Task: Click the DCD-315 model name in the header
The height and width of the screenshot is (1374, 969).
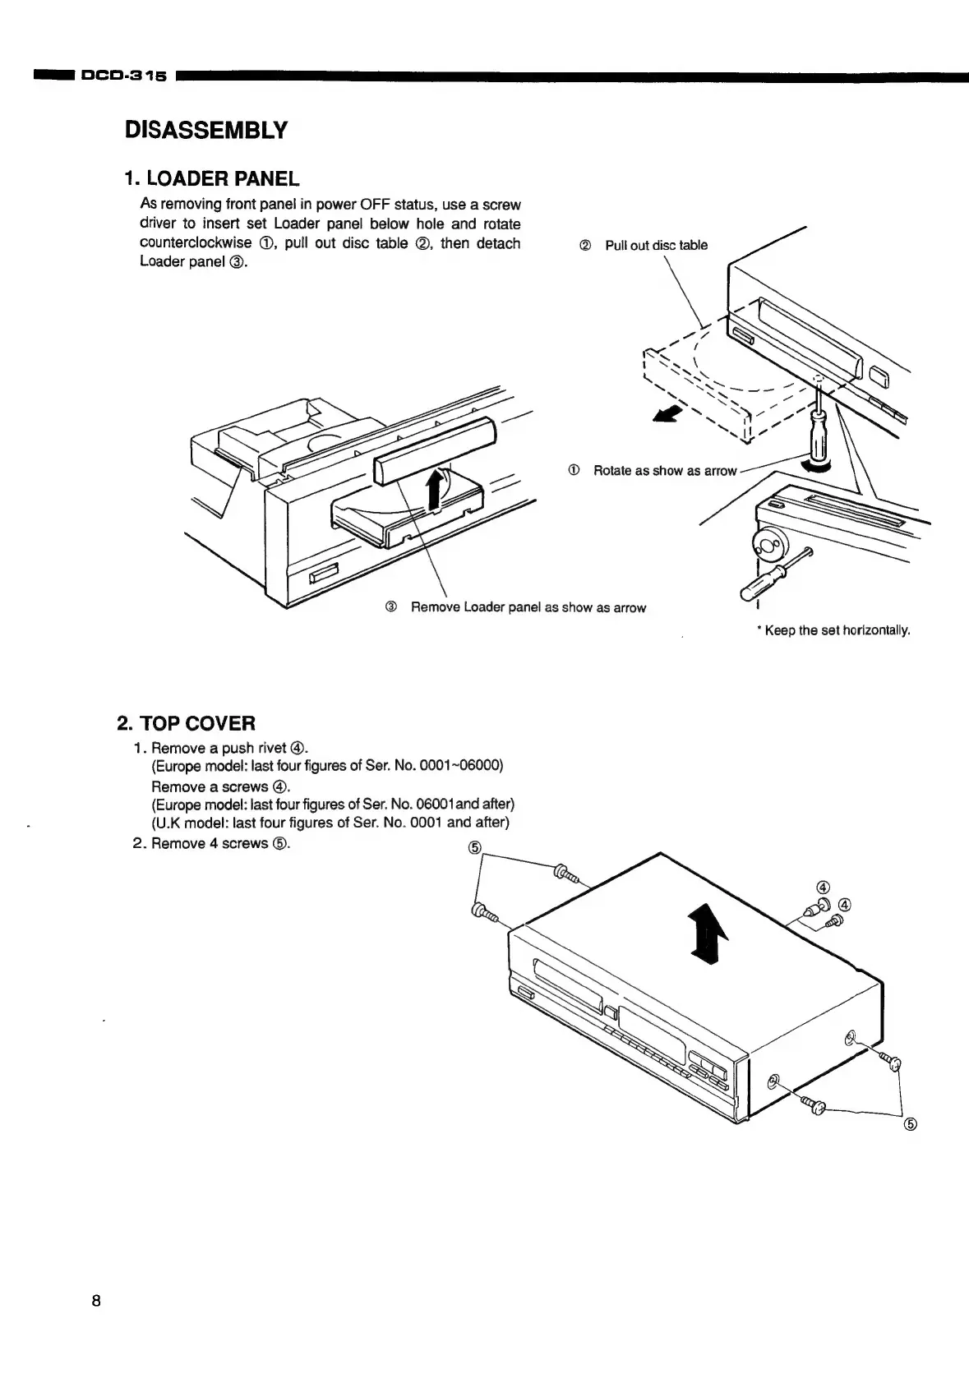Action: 122,77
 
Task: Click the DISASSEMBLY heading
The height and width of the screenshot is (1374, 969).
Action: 205,130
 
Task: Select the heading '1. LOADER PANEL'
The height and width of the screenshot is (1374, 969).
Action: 211,178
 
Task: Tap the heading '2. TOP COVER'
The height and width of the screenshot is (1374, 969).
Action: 187,723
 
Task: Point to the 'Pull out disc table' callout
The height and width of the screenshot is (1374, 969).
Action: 655,245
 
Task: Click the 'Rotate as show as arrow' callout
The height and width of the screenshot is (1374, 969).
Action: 664,470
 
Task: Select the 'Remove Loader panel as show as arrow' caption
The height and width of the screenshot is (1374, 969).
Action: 528,607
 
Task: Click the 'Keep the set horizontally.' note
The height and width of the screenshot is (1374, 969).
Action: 837,630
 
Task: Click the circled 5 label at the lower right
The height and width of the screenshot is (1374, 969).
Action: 910,1124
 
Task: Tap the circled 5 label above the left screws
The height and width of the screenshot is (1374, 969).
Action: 474,848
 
